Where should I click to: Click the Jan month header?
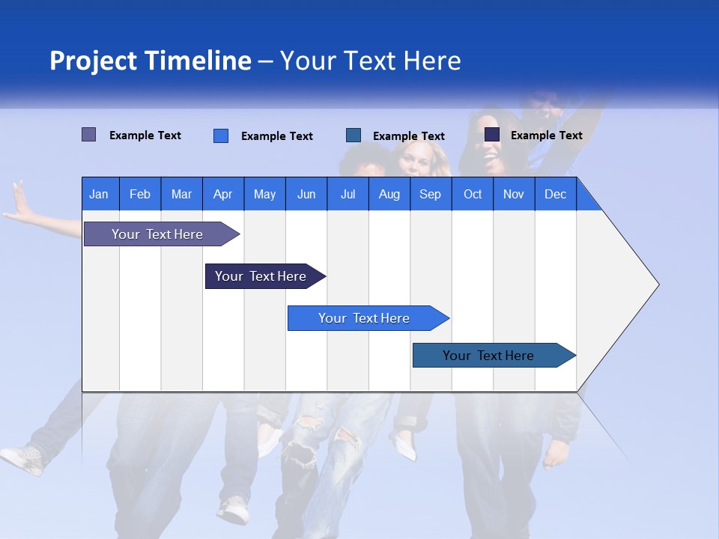[99, 194]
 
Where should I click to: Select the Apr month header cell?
[222, 194]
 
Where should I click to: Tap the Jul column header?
[348, 194]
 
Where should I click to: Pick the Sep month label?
[430, 194]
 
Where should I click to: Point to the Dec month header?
[555, 194]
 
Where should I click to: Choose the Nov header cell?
[513, 194]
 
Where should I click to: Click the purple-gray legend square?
[88, 135]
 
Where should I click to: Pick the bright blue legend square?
[221, 135]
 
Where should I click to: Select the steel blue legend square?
[354, 135]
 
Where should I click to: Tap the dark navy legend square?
[492, 135]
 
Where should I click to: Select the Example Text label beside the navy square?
[546, 135]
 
